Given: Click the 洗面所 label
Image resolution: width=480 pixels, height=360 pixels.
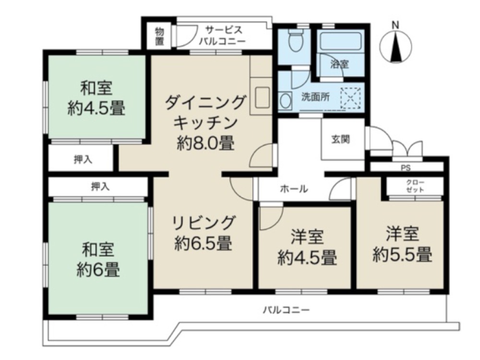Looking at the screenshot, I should pos(315,96).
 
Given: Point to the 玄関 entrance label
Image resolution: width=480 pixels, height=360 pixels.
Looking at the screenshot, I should pos(340,140).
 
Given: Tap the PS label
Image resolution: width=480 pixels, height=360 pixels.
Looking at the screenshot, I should pos(406,168).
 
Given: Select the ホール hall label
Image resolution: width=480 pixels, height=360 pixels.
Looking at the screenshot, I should pos(294,189).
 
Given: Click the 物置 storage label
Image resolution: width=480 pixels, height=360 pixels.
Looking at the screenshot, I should pos(159,36).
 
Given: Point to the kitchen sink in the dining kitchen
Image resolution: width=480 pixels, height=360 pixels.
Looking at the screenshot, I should pos(262,98).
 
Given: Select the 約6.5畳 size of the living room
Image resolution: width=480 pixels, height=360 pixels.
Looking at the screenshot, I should pos(204,244).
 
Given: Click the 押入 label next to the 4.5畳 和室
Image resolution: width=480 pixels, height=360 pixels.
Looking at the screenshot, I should pos(83,160).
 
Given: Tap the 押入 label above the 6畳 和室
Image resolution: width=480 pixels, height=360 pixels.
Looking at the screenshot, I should pos(100,186).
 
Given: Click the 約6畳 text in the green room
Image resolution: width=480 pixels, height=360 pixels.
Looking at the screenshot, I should pos(98,270).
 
